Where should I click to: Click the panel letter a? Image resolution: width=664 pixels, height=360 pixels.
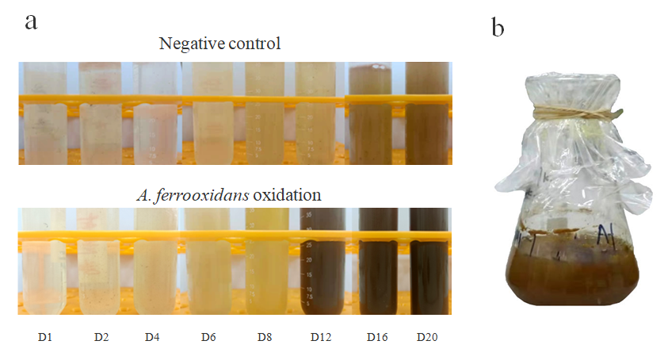[31, 21]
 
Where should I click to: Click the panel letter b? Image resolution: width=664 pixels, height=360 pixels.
[498, 29]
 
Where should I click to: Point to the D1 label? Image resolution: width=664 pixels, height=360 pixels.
[44, 337]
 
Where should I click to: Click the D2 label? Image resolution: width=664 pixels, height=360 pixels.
[101, 337]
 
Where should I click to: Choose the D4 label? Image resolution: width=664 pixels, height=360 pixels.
[152, 337]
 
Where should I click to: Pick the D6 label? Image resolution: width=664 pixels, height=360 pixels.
[208, 337]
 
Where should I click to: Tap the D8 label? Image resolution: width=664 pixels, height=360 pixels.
[265, 337]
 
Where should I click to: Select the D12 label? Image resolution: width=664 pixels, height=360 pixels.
[321, 337]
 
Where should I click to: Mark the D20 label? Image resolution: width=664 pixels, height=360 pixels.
[427, 337]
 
